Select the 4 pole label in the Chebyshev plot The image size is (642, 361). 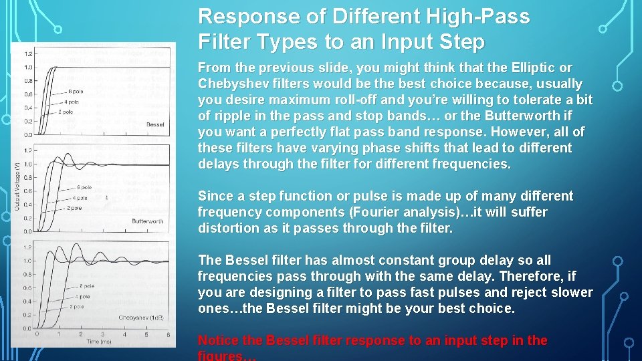[x=84, y=295]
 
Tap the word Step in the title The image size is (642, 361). [x=461, y=43]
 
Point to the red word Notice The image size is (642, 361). [x=219, y=340]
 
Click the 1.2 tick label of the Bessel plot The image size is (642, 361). [x=28, y=53]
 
